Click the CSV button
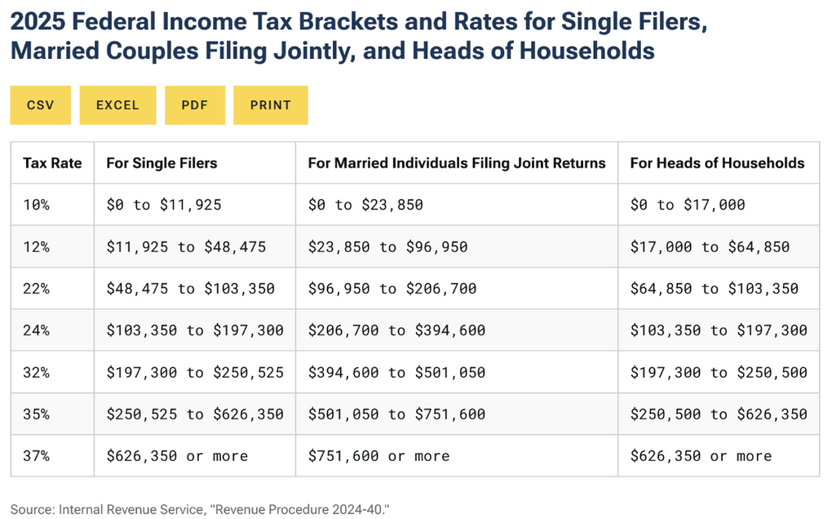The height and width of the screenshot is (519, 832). [40, 105]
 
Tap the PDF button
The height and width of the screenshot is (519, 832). [194, 105]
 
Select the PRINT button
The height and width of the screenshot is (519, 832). [270, 105]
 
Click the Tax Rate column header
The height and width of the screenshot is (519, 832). [52, 162]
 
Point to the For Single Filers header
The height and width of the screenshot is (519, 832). [162, 162]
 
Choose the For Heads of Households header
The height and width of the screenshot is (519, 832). [717, 162]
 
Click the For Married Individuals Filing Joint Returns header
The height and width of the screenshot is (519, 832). [456, 162]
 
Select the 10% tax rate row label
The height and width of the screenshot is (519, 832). [36, 205]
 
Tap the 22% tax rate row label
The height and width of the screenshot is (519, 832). [36, 288]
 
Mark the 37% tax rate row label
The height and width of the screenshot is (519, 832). [36, 455]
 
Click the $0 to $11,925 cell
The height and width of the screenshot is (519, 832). [163, 205]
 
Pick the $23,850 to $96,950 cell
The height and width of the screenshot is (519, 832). [387, 246]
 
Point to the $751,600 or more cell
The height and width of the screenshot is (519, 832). [378, 455]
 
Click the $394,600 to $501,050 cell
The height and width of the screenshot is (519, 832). [396, 372]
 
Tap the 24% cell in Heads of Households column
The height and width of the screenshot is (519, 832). [718, 330]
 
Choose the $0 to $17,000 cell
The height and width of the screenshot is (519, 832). [688, 205]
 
